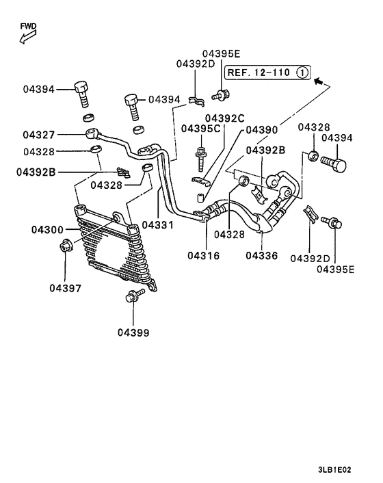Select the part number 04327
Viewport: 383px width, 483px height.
click(39, 135)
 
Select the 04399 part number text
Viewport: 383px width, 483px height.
click(133, 332)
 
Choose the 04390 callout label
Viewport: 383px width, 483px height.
click(261, 129)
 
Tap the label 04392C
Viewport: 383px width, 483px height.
click(224, 118)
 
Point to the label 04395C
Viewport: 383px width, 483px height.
click(200, 129)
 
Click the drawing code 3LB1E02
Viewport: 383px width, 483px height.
click(334, 470)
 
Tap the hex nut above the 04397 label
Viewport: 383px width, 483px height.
click(66, 246)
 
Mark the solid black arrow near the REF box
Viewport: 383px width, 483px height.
click(317, 81)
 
